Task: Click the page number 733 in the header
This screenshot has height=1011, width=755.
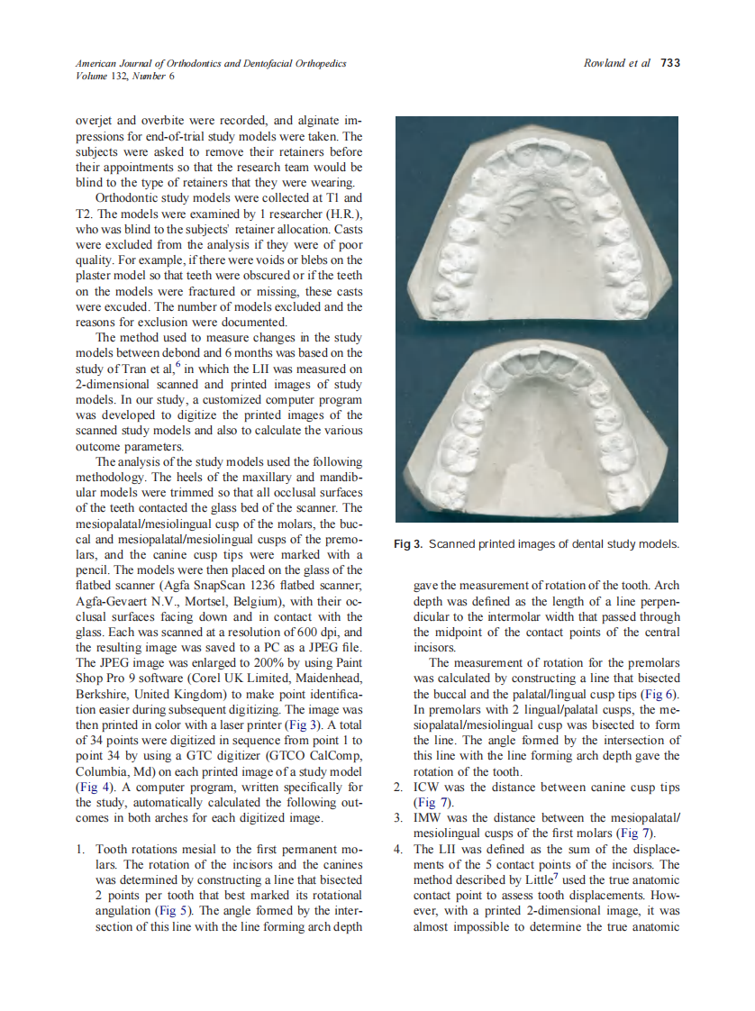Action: pos(669,63)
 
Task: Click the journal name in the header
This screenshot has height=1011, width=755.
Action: pos(211,63)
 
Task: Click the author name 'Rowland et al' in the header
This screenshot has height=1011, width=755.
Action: pos(617,63)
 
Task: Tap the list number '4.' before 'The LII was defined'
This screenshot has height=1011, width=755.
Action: pos(398,849)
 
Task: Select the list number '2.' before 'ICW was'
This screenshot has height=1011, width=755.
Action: pos(398,787)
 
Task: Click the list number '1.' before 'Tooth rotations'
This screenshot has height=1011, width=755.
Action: pos(81,849)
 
